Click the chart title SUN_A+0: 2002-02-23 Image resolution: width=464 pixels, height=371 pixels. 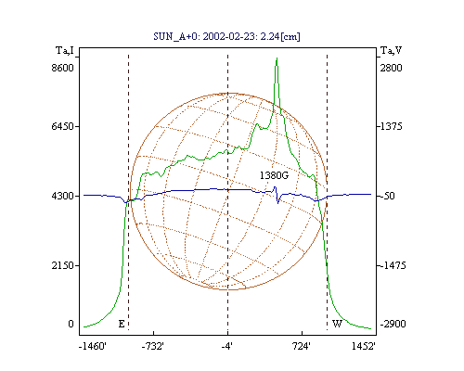[x=227, y=36]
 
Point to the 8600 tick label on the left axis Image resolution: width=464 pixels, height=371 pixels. [x=62, y=68]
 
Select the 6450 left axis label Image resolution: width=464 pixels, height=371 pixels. [x=62, y=126]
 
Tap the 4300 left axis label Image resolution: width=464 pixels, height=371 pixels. [x=62, y=196]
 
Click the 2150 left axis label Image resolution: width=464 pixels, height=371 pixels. [x=62, y=265]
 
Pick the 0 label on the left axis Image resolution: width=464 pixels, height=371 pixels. [x=71, y=324]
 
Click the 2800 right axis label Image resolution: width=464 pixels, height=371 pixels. [x=391, y=68]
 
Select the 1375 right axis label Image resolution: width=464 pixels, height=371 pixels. [x=391, y=126]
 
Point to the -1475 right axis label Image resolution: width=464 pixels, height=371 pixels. [x=393, y=265]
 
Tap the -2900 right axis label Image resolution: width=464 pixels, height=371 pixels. [x=393, y=324]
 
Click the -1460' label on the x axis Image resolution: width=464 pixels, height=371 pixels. [x=93, y=346]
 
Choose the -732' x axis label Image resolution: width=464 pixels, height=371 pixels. [x=153, y=346]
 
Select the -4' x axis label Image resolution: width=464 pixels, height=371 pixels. [x=227, y=346]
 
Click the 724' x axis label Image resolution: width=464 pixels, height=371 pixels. [x=301, y=346]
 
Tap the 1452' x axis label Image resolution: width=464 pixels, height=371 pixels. [x=364, y=346]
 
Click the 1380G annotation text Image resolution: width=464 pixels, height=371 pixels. [x=274, y=175]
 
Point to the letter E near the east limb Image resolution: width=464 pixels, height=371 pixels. [x=122, y=324]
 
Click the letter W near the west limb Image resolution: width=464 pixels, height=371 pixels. [x=337, y=324]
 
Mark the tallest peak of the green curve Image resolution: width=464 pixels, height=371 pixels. [x=277, y=58]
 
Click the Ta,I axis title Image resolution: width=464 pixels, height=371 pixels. [x=65, y=50]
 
